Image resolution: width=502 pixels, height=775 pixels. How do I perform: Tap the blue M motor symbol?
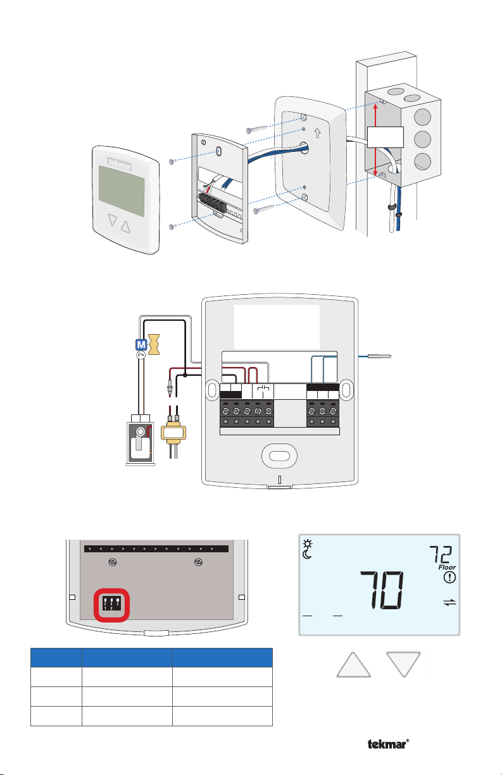point(141,345)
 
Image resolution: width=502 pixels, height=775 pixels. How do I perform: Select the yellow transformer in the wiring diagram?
point(173,433)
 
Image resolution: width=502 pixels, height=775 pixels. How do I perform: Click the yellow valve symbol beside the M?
point(154,344)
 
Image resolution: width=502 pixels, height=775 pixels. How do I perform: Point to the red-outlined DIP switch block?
point(112,605)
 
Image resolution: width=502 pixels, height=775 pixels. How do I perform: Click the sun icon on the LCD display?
point(308,543)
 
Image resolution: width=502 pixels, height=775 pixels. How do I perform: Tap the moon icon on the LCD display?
point(307,555)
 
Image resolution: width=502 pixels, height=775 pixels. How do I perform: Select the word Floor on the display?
point(447,567)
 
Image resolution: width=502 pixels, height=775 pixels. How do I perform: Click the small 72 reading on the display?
point(441,554)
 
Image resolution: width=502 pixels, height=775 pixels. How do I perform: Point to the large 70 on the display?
point(382,590)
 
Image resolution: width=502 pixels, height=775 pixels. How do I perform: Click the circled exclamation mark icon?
point(449,578)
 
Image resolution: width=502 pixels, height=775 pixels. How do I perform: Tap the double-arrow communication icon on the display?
point(449,602)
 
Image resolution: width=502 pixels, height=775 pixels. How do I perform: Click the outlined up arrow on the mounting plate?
point(318,133)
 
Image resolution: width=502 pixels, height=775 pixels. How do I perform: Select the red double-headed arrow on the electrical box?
point(375,139)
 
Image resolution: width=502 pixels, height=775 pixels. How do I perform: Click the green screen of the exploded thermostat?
point(122,191)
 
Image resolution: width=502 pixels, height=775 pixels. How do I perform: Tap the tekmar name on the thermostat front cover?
point(120,164)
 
